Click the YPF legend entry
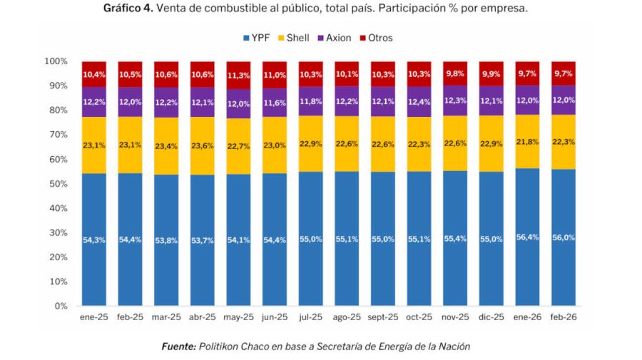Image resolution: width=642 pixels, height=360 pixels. coord(258,38)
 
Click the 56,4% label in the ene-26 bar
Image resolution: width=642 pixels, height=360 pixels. coord(528,237)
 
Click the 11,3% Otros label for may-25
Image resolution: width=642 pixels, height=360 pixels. coord(238,75)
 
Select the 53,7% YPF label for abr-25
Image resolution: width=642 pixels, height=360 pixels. coord(203,240)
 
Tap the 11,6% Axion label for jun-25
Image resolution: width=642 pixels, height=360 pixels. coord(275,103)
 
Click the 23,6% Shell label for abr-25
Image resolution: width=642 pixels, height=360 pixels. coord(203,145)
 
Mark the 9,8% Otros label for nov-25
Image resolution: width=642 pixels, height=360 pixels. coord(455,73)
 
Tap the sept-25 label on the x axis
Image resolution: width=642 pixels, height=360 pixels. coord(383,318)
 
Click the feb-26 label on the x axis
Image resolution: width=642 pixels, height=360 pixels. coord(564,318)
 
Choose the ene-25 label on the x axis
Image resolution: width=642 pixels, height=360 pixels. coord(94,318)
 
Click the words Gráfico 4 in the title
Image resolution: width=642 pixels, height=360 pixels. coord(127,9)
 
